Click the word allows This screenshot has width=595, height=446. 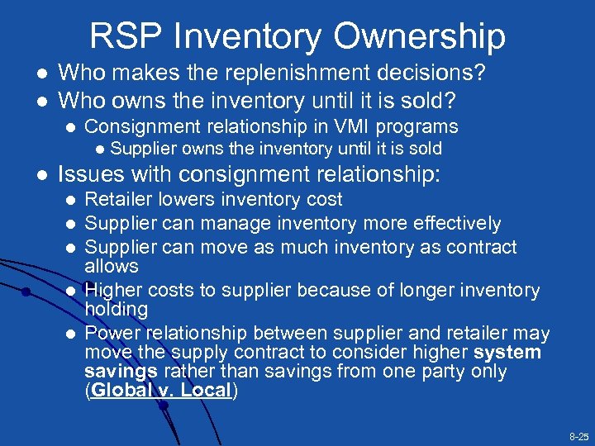coord(112,266)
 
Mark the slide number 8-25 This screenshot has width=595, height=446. coord(578,435)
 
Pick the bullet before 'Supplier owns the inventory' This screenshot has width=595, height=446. coord(100,149)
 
